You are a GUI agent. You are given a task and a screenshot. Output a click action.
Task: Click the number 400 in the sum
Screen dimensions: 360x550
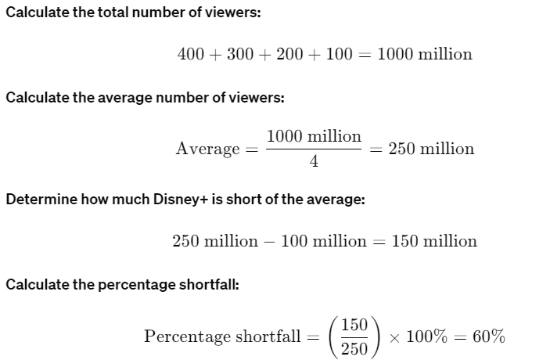pyautogui.click(x=191, y=54)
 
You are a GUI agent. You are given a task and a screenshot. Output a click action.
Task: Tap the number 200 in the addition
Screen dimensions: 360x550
pyautogui.click(x=289, y=54)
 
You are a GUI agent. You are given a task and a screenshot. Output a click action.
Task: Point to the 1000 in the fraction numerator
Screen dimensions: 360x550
pyautogui.click(x=284, y=135)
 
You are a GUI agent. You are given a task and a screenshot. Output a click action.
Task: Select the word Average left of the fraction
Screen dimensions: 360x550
pyautogui.click(x=207, y=149)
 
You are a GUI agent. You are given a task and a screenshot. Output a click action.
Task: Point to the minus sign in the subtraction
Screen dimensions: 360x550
pyautogui.click(x=269, y=241)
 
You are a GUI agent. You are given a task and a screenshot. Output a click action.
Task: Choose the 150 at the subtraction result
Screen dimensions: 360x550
pyautogui.click(x=404, y=241)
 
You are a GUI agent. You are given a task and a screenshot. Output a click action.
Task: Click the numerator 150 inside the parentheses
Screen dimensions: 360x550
pyautogui.click(x=354, y=324)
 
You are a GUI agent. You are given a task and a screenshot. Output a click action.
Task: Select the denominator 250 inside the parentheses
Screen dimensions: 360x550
pyautogui.click(x=354, y=349)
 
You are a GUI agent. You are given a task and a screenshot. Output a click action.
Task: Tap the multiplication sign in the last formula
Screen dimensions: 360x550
pyautogui.click(x=395, y=337)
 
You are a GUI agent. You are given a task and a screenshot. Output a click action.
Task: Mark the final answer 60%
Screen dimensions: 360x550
pyautogui.click(x=488, y=337)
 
